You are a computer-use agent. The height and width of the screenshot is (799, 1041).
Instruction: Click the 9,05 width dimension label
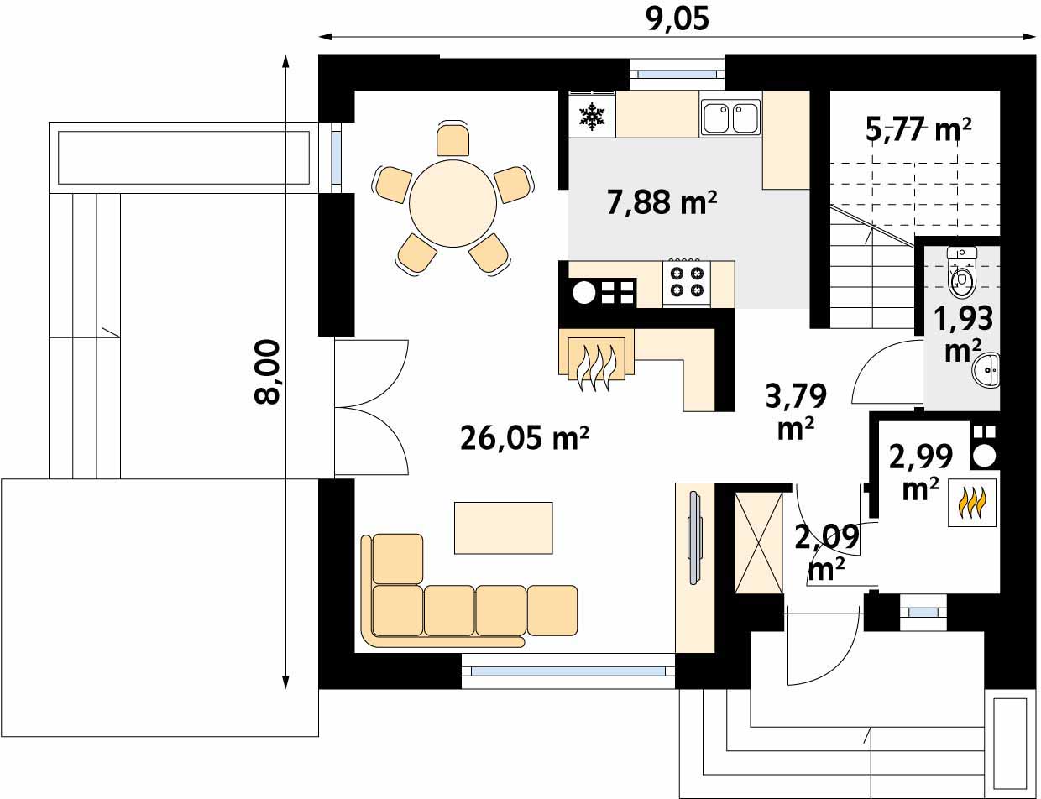[x=677, y=19]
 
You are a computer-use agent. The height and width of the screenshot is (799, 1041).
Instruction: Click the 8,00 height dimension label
[x=266, y=373]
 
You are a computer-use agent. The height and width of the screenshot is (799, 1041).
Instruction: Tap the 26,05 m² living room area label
[x=524, y=438]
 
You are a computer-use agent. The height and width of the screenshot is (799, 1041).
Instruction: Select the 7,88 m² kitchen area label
[x=662, y=202]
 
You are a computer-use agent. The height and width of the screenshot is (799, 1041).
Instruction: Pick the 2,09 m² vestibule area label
[x=827, y=552]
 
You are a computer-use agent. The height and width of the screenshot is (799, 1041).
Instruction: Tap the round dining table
[x=452, y=203]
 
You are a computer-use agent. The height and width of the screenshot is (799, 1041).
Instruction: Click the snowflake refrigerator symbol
[x=593, y=116]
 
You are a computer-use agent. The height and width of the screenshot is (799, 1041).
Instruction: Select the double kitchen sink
[x=730, y=117]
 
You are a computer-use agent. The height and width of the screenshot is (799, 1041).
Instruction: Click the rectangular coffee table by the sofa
[x=503, y=528]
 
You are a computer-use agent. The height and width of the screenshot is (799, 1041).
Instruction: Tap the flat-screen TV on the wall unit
[x=694, y=538]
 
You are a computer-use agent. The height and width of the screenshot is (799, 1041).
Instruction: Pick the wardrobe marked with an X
[x=758, y=543]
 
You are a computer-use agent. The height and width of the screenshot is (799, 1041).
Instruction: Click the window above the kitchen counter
[x=677, y=74]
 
